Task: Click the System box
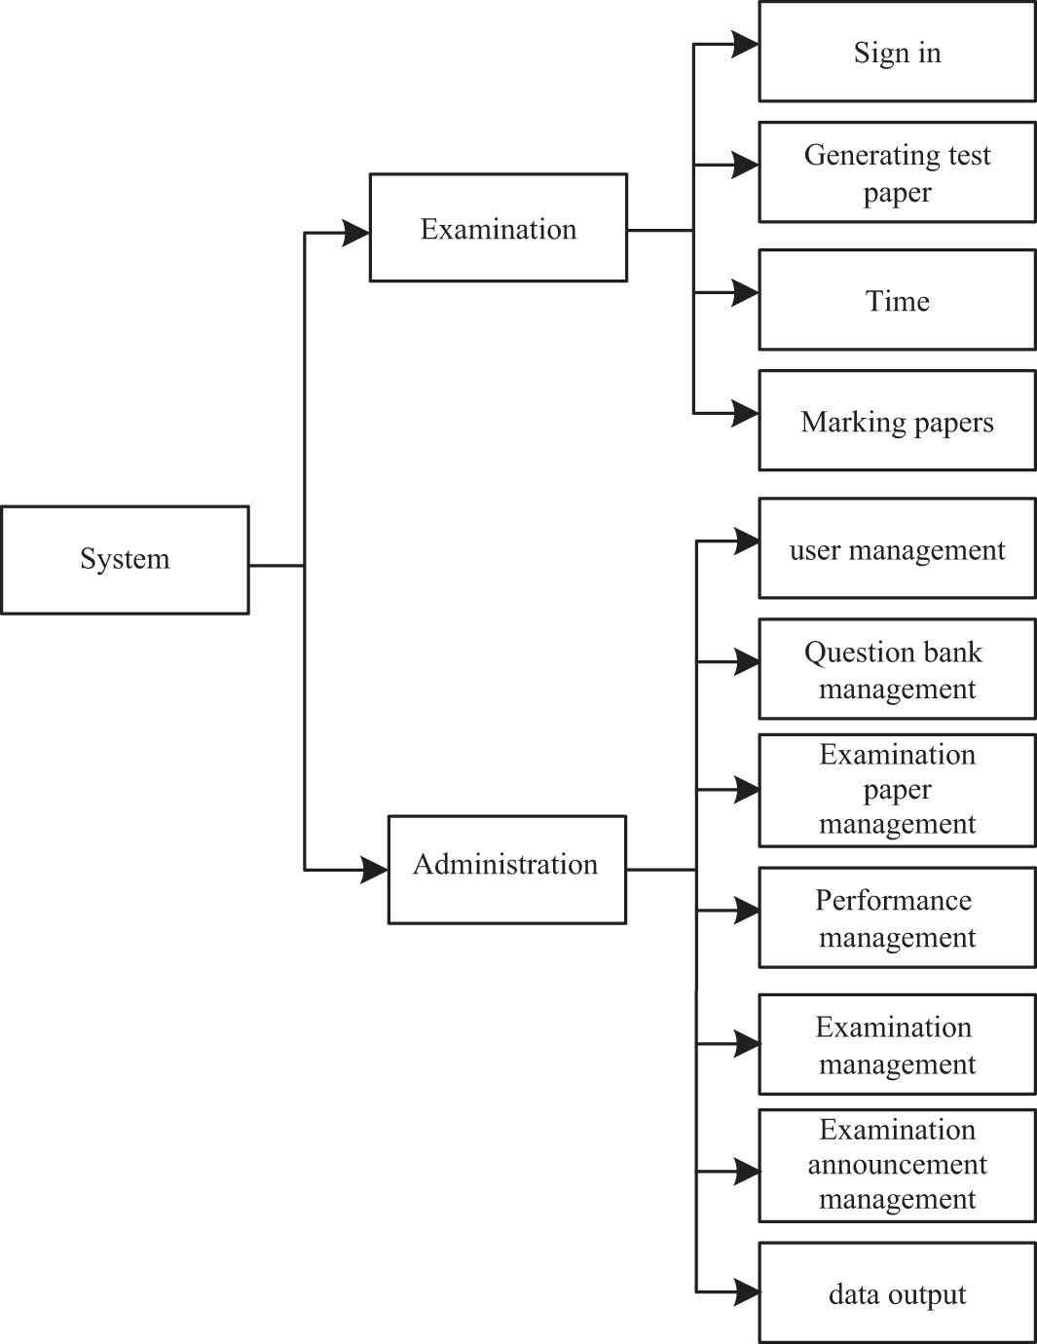coord(125,560)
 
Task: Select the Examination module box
coord(498,228)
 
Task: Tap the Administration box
coord(506,869)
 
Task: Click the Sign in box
coord(897,52)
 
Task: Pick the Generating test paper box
coord(897,172)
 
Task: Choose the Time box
coord(897,300)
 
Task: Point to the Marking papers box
coord(897,421)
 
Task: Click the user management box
coord(897,548)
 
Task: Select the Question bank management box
coord(897,669)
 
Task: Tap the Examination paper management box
coord(897,790)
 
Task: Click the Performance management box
coord(897,917)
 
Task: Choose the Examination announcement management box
coord(897,1165)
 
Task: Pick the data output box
coord(897,1292)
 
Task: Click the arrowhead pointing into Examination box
coord(356,233)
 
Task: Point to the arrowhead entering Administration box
coord(374,870)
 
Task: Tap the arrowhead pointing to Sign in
coord(746,44)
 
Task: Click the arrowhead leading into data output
coord(747,1292)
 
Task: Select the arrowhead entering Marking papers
coord(746,413)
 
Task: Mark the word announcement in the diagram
coord(897,1165)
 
